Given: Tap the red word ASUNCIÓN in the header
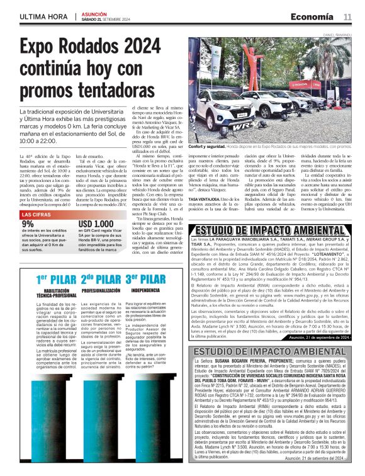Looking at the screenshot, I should [93, 12].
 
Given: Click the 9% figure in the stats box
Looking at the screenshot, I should [29, 224].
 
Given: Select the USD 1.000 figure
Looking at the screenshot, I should [95, 224].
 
